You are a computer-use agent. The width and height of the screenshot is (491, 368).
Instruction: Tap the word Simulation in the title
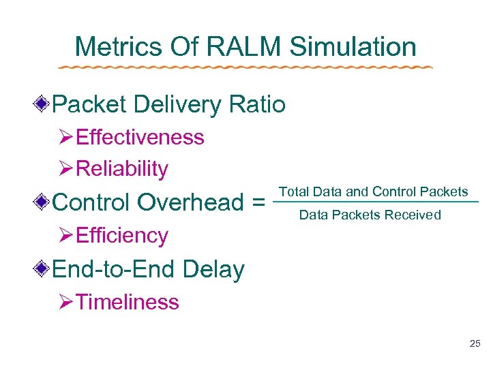(x=353, y=47)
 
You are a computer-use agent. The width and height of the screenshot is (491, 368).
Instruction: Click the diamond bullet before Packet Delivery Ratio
(x=43, y=105)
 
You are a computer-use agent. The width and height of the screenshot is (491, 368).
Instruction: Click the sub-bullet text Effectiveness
(x=140, y=137)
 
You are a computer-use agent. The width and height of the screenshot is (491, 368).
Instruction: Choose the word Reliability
(x=122, y=169)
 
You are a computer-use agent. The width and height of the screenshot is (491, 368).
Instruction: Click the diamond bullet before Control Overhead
(x=43, y=202)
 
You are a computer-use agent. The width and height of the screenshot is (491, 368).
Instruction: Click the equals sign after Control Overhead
(x=258, y=203)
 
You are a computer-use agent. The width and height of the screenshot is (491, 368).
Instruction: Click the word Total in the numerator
(x=293, y=191)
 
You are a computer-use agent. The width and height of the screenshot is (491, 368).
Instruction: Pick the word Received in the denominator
(x=413, y=215)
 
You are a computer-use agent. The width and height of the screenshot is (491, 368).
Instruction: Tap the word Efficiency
(x=122, y=235)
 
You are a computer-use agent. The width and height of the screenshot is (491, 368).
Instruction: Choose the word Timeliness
(x=128, y=302)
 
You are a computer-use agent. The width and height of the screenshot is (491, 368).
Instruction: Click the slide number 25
(x=475, y=344)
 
